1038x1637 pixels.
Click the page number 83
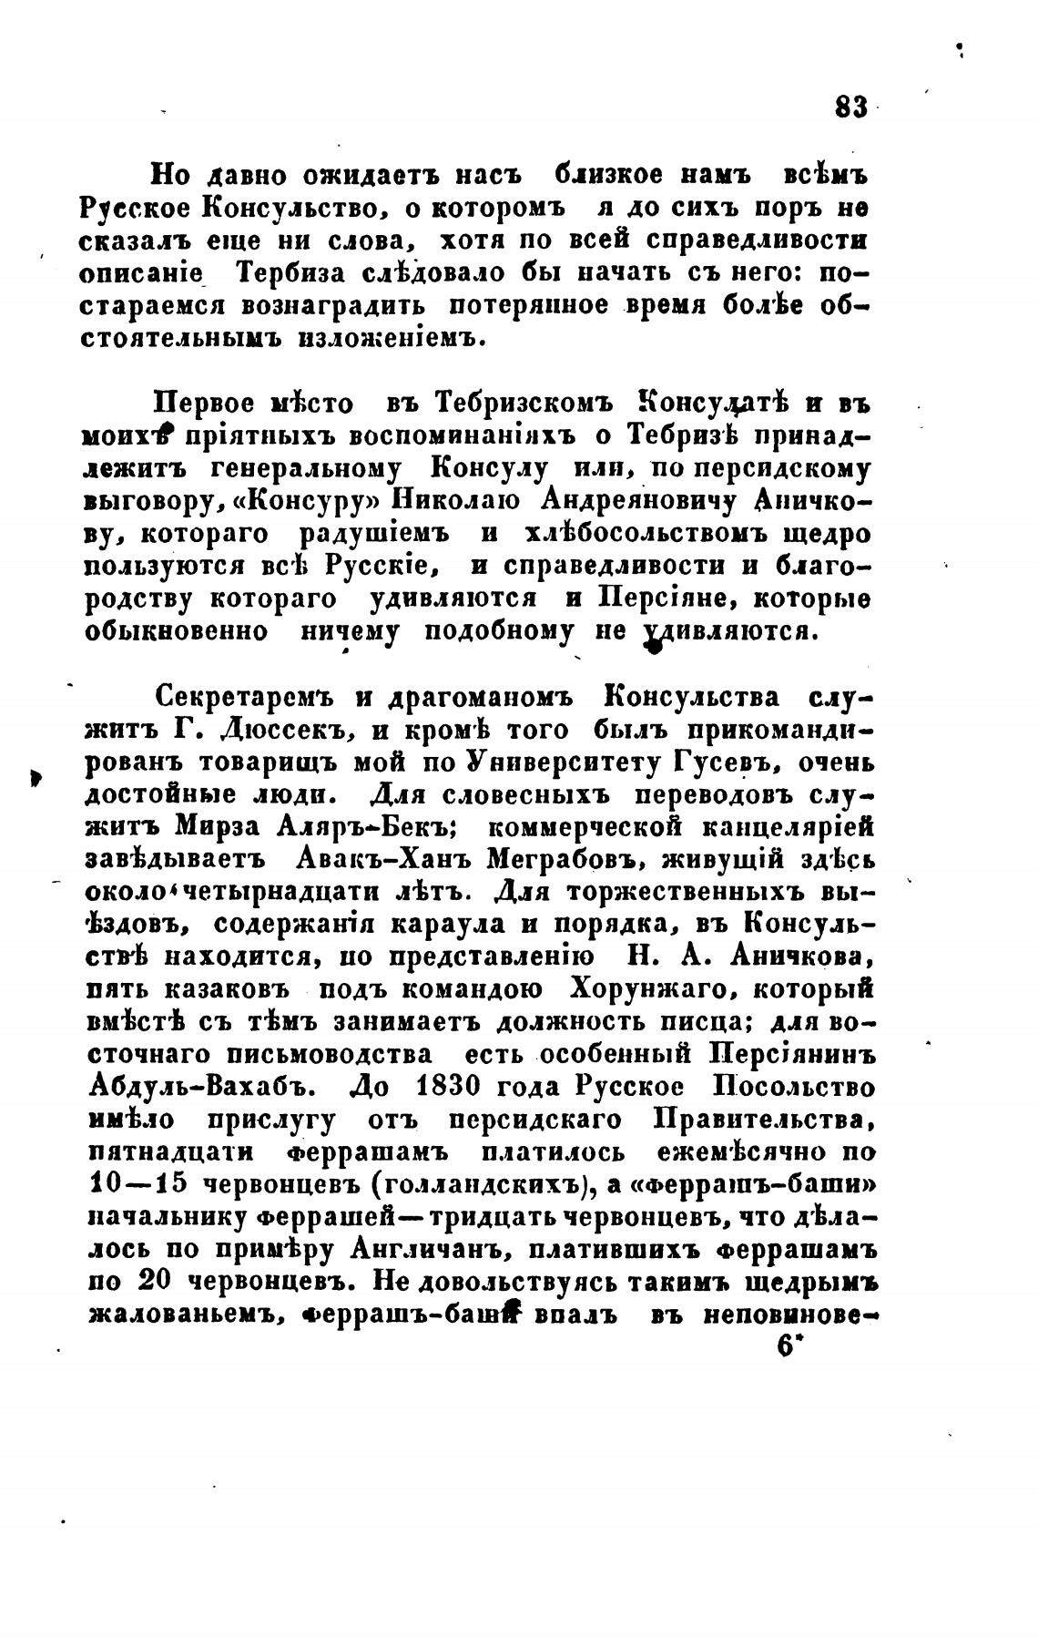[x=850, y=106]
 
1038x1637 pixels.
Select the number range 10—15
[x=137, y=1185]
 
